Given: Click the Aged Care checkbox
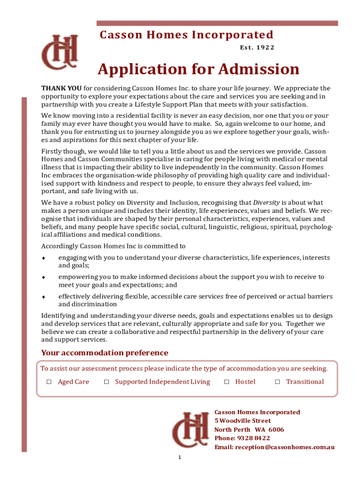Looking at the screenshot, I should (x=49, y=382).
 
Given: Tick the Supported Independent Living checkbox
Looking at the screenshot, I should (x=107, y=382).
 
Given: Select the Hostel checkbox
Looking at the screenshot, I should (x=227, y=382).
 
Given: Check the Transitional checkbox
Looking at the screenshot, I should (x=277, y=382).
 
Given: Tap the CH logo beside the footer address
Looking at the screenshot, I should (x=190, y=429).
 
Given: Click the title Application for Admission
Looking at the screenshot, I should (x=198, y=70).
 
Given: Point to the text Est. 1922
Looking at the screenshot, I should (x=257, y=47).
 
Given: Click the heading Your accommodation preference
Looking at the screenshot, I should (x=105, y=353).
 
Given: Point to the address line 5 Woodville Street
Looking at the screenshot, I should (x=242, y=421).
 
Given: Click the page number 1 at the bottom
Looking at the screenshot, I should (x=180, y=457).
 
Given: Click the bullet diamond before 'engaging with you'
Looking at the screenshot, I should (x=43, y=258).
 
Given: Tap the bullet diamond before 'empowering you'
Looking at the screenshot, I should (x=43, y=277).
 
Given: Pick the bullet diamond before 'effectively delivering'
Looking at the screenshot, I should (x=43, y=297).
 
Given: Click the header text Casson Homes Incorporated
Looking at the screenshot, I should (x=187, y=35).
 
